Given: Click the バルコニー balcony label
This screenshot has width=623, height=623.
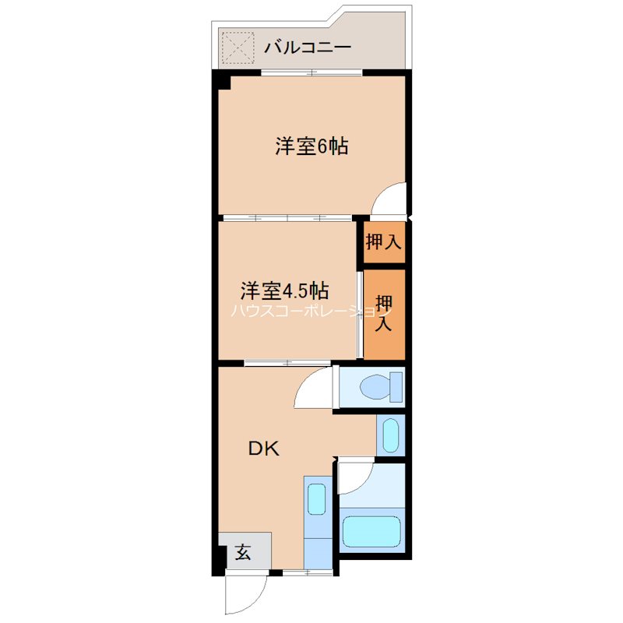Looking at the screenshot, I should pos(307,48).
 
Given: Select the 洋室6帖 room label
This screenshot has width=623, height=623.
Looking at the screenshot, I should pos(311,146).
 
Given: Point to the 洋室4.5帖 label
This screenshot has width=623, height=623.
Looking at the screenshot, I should pos(283,291).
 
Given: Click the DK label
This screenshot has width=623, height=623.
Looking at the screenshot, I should pos(263,449).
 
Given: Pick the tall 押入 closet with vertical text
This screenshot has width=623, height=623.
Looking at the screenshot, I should pos(384,313).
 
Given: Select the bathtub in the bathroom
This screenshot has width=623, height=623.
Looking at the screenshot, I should pos(371,531).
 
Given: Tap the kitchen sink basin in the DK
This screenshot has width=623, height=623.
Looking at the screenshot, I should pos(316,498).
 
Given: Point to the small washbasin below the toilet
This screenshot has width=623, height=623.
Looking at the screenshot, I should pos(390,435).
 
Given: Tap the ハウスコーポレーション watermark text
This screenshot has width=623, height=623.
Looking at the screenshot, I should pos(311,311).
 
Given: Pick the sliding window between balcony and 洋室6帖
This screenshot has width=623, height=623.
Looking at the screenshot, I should pos(311,72).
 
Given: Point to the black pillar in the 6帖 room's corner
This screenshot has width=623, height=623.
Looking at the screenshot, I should pos(223,80).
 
